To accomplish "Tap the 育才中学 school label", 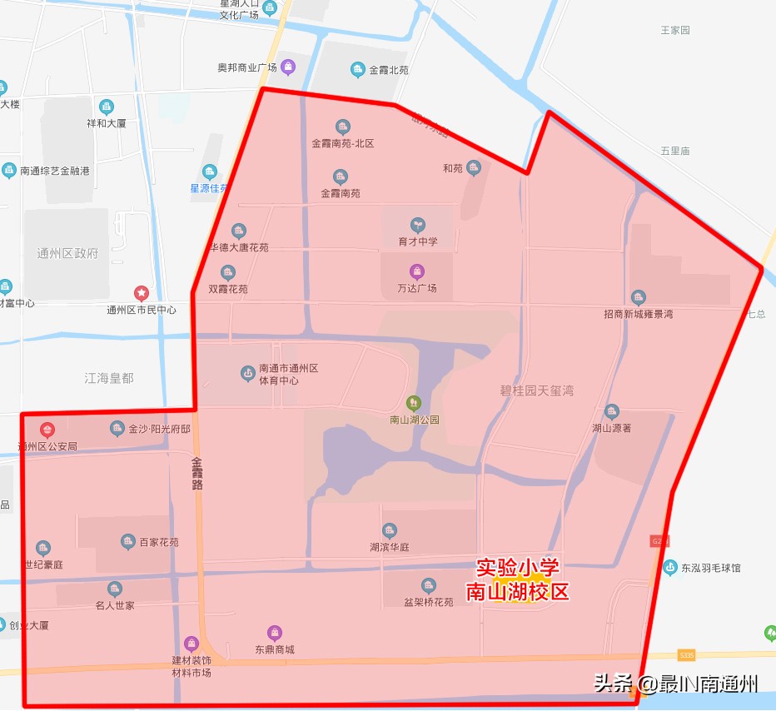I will (417, 241).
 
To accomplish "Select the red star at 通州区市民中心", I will (142, 293).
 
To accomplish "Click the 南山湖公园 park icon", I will (414, 404).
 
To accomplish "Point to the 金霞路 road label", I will (197, 472).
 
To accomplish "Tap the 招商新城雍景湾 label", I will (638, 314).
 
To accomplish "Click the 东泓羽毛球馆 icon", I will (670, 568).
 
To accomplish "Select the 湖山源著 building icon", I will (612, 411).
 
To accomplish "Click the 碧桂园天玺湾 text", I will (537, 390).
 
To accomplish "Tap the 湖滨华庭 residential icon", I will (390, 530).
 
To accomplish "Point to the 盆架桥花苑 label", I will (428, 601).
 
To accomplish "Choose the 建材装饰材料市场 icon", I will (192, 644).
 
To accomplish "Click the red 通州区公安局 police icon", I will (47, 430).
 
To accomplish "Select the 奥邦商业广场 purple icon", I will (288, 67).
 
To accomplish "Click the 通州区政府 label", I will (67, 254).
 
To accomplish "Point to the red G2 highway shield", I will (658, 541).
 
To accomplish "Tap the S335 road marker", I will (686, 655).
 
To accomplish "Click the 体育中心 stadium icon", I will (247, 373).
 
